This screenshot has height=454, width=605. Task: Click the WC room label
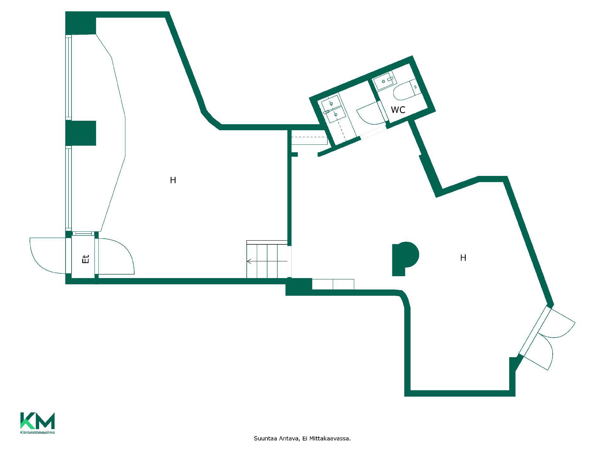point(398,110)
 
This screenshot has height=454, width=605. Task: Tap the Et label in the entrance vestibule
point(86,259)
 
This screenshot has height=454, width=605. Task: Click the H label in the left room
point(173,180)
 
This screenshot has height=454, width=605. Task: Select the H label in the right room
point(463,258)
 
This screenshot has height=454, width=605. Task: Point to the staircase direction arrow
point(267,261)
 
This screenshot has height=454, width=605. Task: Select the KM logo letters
point(37,421)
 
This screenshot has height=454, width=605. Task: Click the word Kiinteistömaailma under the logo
point(37,432)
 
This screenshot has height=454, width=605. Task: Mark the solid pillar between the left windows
point(81,133)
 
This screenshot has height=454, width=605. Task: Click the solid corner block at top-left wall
point(81,23)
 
